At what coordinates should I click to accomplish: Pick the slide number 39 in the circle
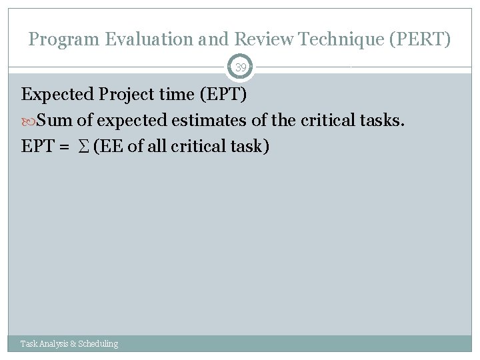pyautogui.click(x=240, y=67)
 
